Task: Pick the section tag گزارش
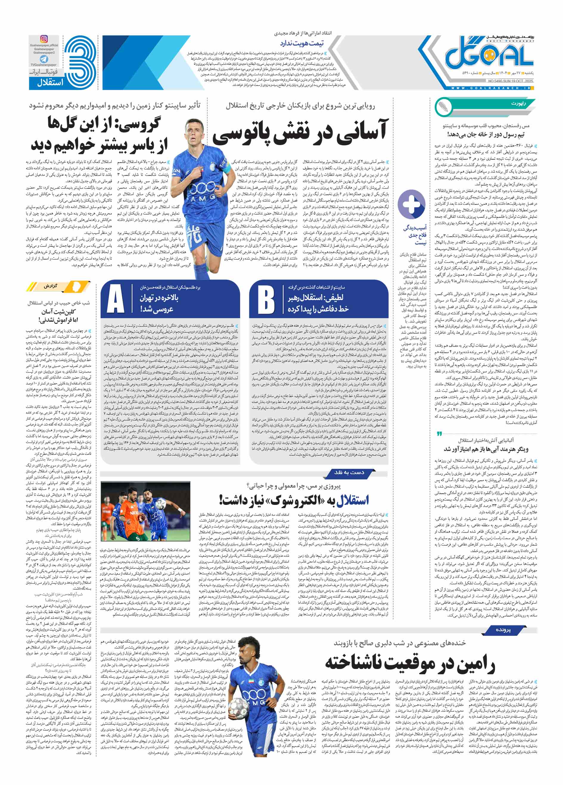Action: pos(51,286)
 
